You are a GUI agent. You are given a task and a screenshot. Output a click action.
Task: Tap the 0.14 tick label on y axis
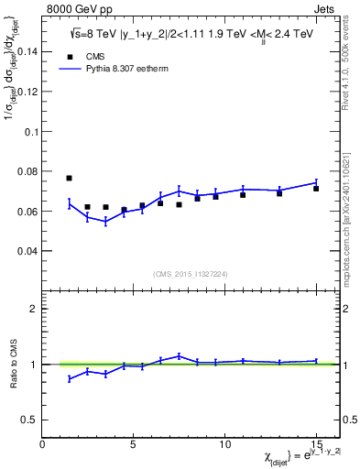(26, 52)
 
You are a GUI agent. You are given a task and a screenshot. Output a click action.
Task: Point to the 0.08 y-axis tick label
(26, 171)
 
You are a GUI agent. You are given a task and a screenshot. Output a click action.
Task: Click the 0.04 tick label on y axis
(26, 250)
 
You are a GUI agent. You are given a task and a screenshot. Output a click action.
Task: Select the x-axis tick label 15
(315, 444)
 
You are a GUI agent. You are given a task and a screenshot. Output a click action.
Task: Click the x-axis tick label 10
(224, 444)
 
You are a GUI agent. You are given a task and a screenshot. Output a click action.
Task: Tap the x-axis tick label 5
(134, 444)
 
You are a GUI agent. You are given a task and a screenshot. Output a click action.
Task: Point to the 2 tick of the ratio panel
(34, 309)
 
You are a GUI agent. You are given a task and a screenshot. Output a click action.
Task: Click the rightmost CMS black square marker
(316, 189)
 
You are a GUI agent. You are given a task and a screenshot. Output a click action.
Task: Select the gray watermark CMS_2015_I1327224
(190, 272)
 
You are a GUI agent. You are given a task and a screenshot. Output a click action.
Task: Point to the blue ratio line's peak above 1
(180, 355)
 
